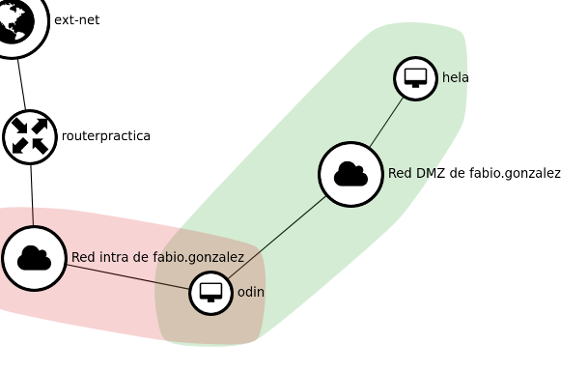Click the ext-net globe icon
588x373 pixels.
point(15,23)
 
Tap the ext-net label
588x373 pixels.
point(76,20)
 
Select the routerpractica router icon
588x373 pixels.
point(30,136)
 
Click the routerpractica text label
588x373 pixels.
point(105,136)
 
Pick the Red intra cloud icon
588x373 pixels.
point(34,258)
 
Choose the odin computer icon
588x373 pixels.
point(210,292)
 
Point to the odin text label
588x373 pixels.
point(251,292)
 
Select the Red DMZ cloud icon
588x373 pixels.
point(350,174)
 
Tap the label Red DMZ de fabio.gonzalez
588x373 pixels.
point(474,174)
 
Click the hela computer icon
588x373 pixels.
point(415,77)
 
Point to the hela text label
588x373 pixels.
point(456,77)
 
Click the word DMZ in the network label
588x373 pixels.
point(429,174)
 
